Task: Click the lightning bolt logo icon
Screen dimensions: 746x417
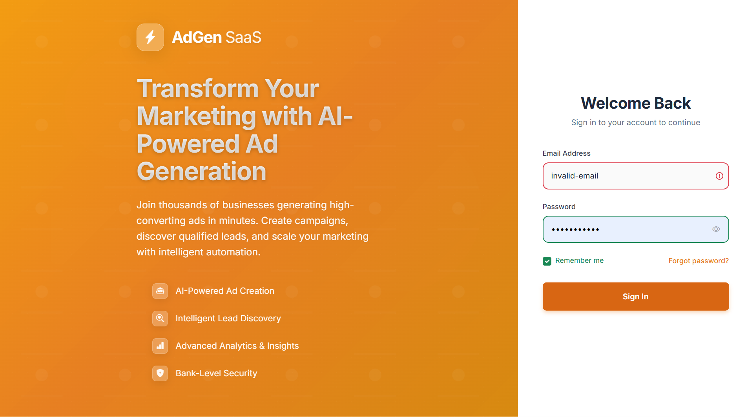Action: pos(150,37)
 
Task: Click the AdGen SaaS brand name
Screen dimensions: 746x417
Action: pos(217,37)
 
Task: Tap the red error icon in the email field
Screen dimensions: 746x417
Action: pos(719,176)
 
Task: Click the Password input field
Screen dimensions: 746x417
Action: pos(628,229)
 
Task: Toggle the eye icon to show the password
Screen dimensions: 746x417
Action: pos(716,229)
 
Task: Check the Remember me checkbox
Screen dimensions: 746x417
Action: pos(547,261)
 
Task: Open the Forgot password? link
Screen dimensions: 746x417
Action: pos(699,261)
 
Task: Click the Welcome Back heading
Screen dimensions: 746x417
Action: pos(636,103)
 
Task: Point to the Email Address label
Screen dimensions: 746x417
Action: pos(566,153)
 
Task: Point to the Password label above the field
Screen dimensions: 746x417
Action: pos(559,207)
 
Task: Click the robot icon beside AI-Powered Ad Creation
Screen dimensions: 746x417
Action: pos(160,291)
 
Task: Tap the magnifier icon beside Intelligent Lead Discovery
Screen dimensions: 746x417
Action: pos(160,319)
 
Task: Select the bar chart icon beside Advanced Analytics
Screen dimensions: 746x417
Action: pos(160,346)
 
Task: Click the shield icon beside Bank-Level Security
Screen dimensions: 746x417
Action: pos(160,373)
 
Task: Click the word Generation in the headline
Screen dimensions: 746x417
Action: pos(202,172)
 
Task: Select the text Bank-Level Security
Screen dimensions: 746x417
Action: pos(216,373)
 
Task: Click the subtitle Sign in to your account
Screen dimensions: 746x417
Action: pos(636,122)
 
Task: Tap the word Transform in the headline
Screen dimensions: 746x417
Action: pos(197,89)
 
